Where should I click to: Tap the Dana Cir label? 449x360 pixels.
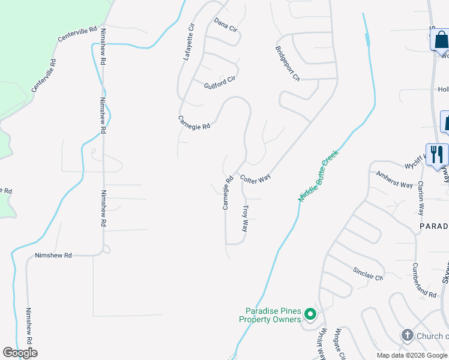tap(226, 29)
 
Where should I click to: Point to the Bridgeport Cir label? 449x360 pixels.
tap(287, 63)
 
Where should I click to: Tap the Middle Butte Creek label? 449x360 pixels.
tap(319, 175)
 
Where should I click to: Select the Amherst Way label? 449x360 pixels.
tap(394, 181)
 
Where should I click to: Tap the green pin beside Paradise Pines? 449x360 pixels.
tap(310, 314)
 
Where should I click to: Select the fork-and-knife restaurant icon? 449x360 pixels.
tap(436, 154)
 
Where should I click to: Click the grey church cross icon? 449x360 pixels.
tap(407, 335)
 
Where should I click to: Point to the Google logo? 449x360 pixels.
tap(20, 353)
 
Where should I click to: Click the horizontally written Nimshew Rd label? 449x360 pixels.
tap(53, 256)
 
